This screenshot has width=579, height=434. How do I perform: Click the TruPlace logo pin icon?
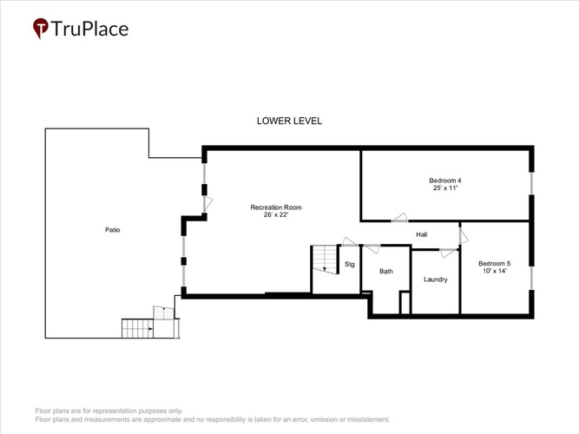41,28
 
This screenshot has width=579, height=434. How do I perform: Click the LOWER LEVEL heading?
290,121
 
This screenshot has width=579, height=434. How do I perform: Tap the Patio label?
113,230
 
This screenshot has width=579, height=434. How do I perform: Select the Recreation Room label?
276,207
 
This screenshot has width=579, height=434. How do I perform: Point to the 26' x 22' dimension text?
275,214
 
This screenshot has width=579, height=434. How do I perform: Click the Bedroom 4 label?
445,181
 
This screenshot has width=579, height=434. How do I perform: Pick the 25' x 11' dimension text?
445,188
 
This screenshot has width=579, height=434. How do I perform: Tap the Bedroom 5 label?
495,263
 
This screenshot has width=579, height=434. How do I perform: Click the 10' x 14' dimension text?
495,271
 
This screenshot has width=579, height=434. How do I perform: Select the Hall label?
422,234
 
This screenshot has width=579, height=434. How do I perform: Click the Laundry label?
436,279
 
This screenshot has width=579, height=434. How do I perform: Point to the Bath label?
386,272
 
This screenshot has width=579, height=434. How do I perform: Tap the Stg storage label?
350,265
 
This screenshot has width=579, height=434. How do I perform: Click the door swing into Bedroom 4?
399,218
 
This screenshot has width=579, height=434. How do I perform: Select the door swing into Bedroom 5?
464,236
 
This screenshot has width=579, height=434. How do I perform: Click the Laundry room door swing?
448,253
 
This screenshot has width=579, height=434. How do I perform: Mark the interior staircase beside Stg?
325,260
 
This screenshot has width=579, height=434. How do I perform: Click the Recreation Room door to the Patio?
207,205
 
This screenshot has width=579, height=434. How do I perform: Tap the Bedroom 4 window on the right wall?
531,183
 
